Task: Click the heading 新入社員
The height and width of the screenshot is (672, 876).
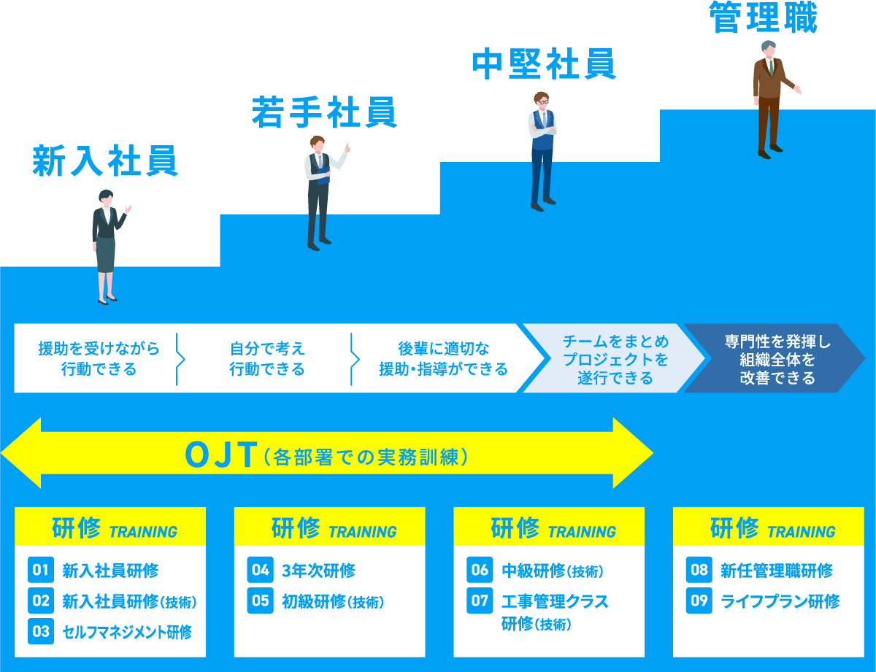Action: [105, 161]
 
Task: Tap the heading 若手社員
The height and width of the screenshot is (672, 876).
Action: [324, 112]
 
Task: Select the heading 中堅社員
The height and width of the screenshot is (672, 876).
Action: [544, 64]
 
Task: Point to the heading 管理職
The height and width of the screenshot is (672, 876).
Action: [764, 18]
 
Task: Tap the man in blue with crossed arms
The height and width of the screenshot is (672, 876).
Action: [542, 150]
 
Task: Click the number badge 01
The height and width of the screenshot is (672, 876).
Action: [41, 571]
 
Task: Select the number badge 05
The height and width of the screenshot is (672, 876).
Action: [261, 601]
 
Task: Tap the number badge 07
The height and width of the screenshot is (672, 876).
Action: [480, 601]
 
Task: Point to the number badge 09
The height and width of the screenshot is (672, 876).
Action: [699, 601]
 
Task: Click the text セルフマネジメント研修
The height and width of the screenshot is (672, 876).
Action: [127, 632]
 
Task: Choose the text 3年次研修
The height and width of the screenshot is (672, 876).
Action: [318, 571]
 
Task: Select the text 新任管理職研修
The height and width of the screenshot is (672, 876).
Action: [776, 571]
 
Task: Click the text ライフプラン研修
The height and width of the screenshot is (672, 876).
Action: [780, 601]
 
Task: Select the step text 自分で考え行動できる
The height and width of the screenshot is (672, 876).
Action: [266, 358]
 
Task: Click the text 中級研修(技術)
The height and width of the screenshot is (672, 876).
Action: [553, 571]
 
